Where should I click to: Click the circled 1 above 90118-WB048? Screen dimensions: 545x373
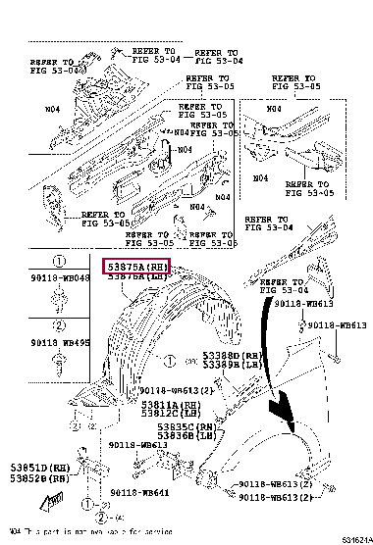(x=58, y=262)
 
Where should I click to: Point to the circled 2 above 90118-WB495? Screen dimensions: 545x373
(x=58, y=325)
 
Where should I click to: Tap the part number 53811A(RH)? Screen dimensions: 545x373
(x=162, y=404)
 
